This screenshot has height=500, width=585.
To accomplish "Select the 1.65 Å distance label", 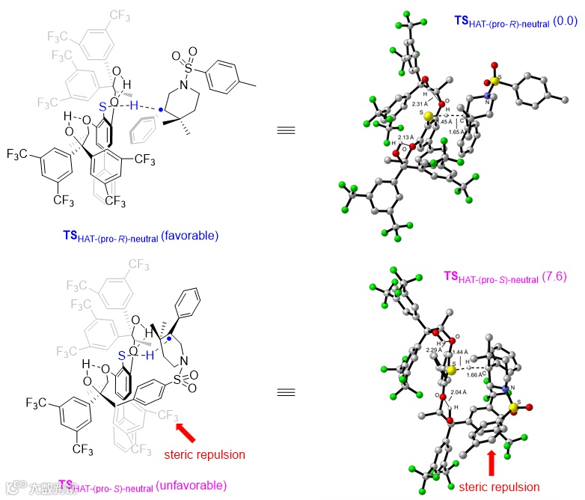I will tap(459, 131).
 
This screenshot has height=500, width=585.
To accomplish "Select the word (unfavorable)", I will tap(191, 487).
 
